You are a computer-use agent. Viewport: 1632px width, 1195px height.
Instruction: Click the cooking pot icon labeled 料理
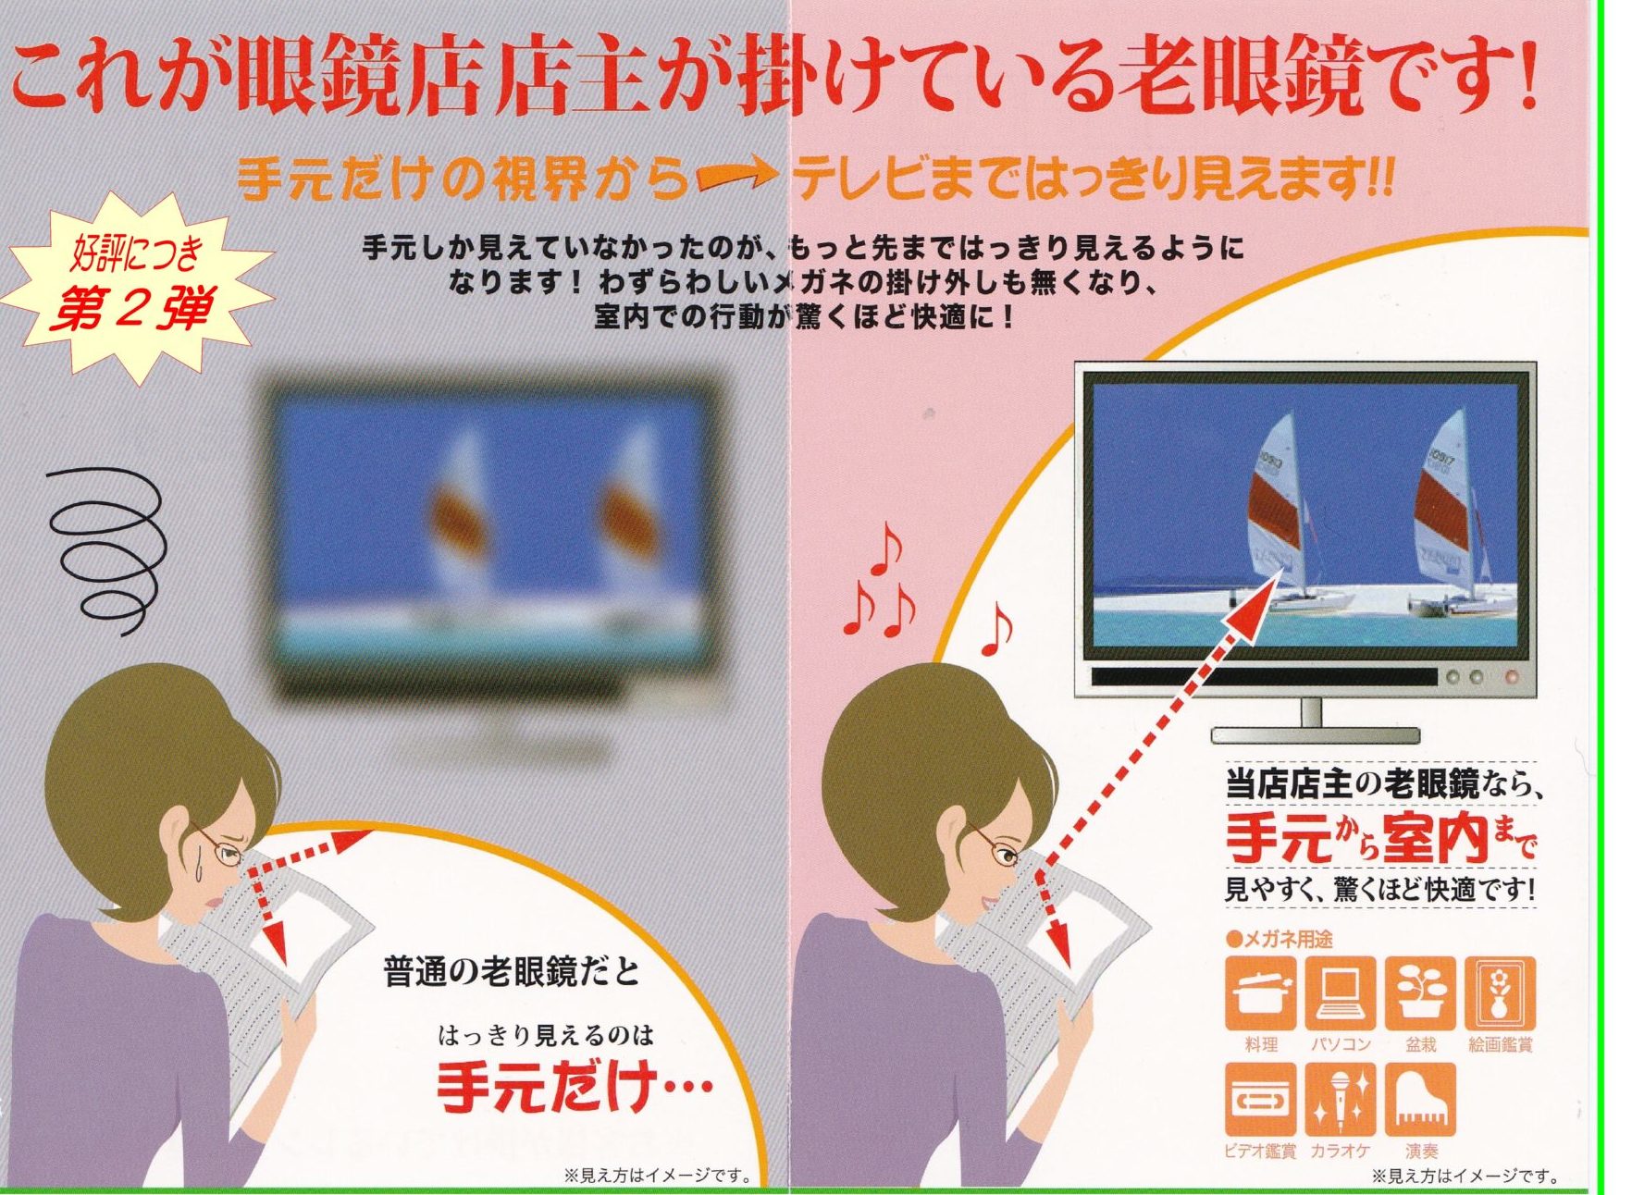coord(1260,993)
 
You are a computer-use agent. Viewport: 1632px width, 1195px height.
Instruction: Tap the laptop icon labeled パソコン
coord(1341,993)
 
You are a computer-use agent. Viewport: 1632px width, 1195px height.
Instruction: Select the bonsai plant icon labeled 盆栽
coord(1420,993)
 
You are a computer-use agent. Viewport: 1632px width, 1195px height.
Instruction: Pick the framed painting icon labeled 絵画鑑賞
coord(1500,993)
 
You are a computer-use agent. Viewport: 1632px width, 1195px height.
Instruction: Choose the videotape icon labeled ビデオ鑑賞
coord(1260,1100)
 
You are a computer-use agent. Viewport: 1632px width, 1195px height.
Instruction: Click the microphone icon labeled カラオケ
coord(1341,1100)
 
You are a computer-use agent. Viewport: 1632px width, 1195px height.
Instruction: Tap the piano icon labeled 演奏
coord(1420,1100)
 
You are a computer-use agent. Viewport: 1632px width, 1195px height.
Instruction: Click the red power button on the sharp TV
coord(1512,677)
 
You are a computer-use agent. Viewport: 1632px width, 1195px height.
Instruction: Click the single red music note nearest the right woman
coord(995,629)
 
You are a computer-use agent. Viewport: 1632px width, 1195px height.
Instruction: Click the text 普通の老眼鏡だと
coord(512,971)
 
